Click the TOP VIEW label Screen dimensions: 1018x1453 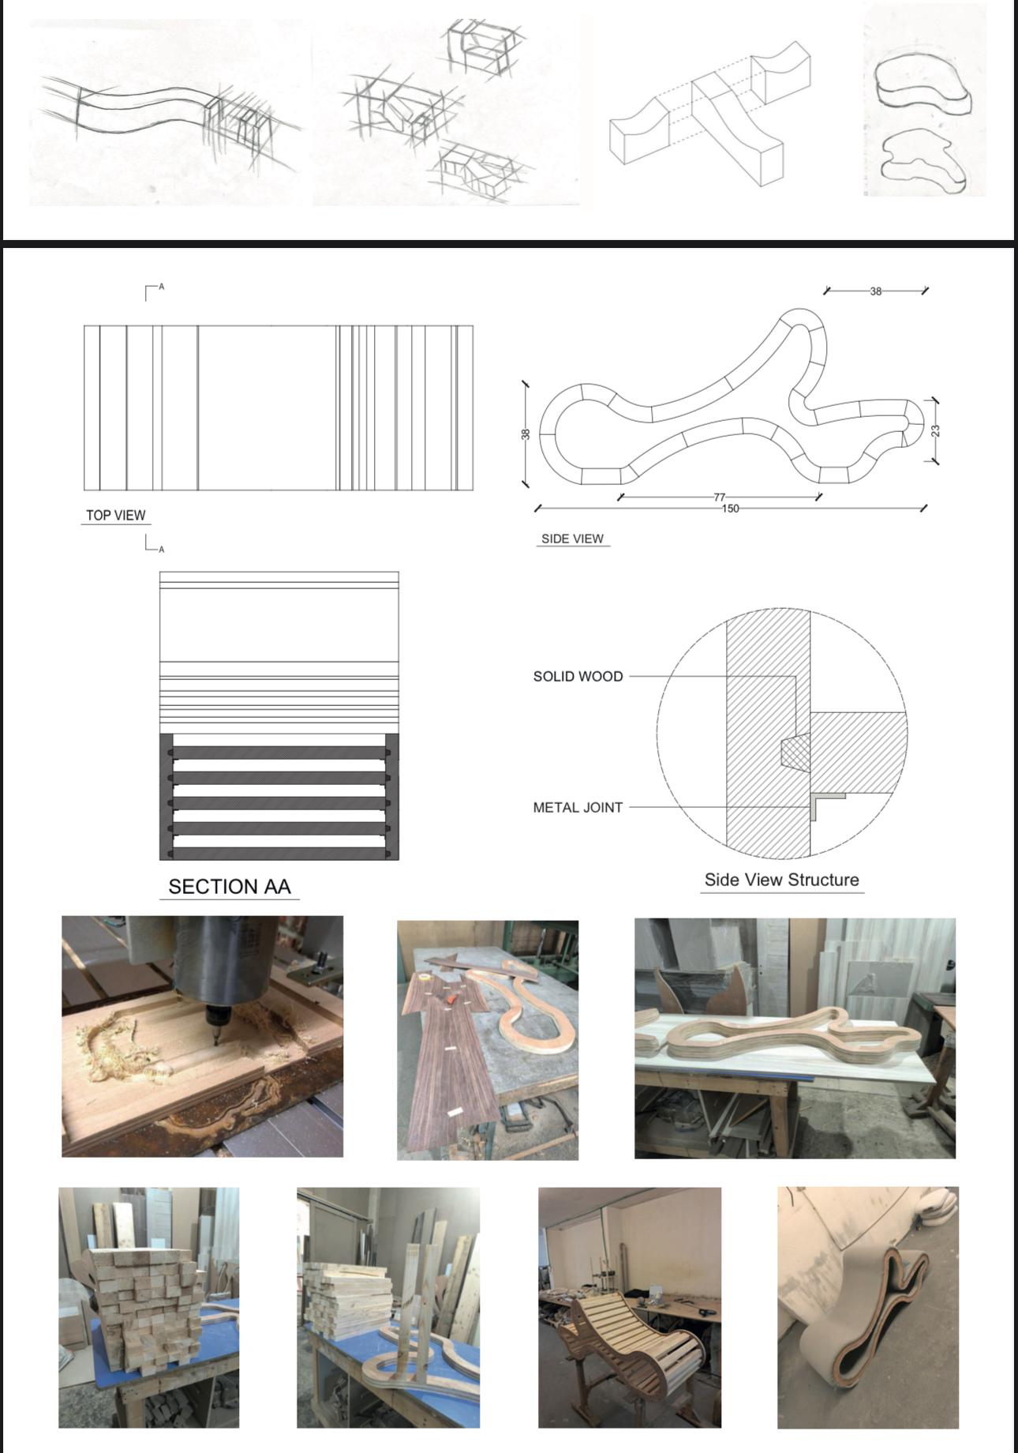click(x=115, y=516)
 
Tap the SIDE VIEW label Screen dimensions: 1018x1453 click(x=572, y=539)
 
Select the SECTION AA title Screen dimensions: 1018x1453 click(x=230, y=887)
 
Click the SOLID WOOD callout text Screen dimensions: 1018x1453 click(x=578, y=677)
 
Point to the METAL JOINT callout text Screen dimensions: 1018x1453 click(x=578, y=808)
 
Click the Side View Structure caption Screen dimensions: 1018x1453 click(x=781, y=880)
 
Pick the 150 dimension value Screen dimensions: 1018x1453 click(x=731, y=509)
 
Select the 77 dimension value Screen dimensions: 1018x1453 click(x=719, y=497)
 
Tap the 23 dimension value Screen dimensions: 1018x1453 click(x=935, y=431)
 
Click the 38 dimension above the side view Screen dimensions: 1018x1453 click(x=876, y=291)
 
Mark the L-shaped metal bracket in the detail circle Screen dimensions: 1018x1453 click(x=826, y=804)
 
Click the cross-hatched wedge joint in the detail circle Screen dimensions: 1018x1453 click(x=795, y=752)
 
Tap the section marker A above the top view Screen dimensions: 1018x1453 click(x=162, y=287)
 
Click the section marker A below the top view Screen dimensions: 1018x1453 click(x=162, y=549)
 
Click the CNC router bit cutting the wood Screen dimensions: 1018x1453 click(x=215, y=1027)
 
